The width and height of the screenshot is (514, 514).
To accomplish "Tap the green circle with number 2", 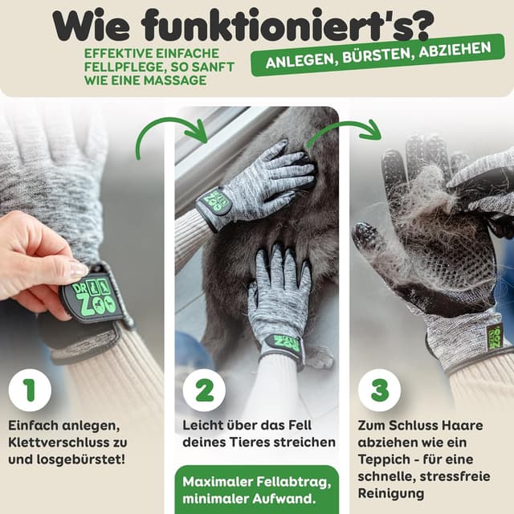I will click(204, 390).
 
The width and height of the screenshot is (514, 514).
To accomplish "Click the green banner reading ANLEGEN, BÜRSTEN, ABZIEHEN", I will click(378, 56).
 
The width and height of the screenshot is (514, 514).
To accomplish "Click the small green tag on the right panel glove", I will click(493, 337).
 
